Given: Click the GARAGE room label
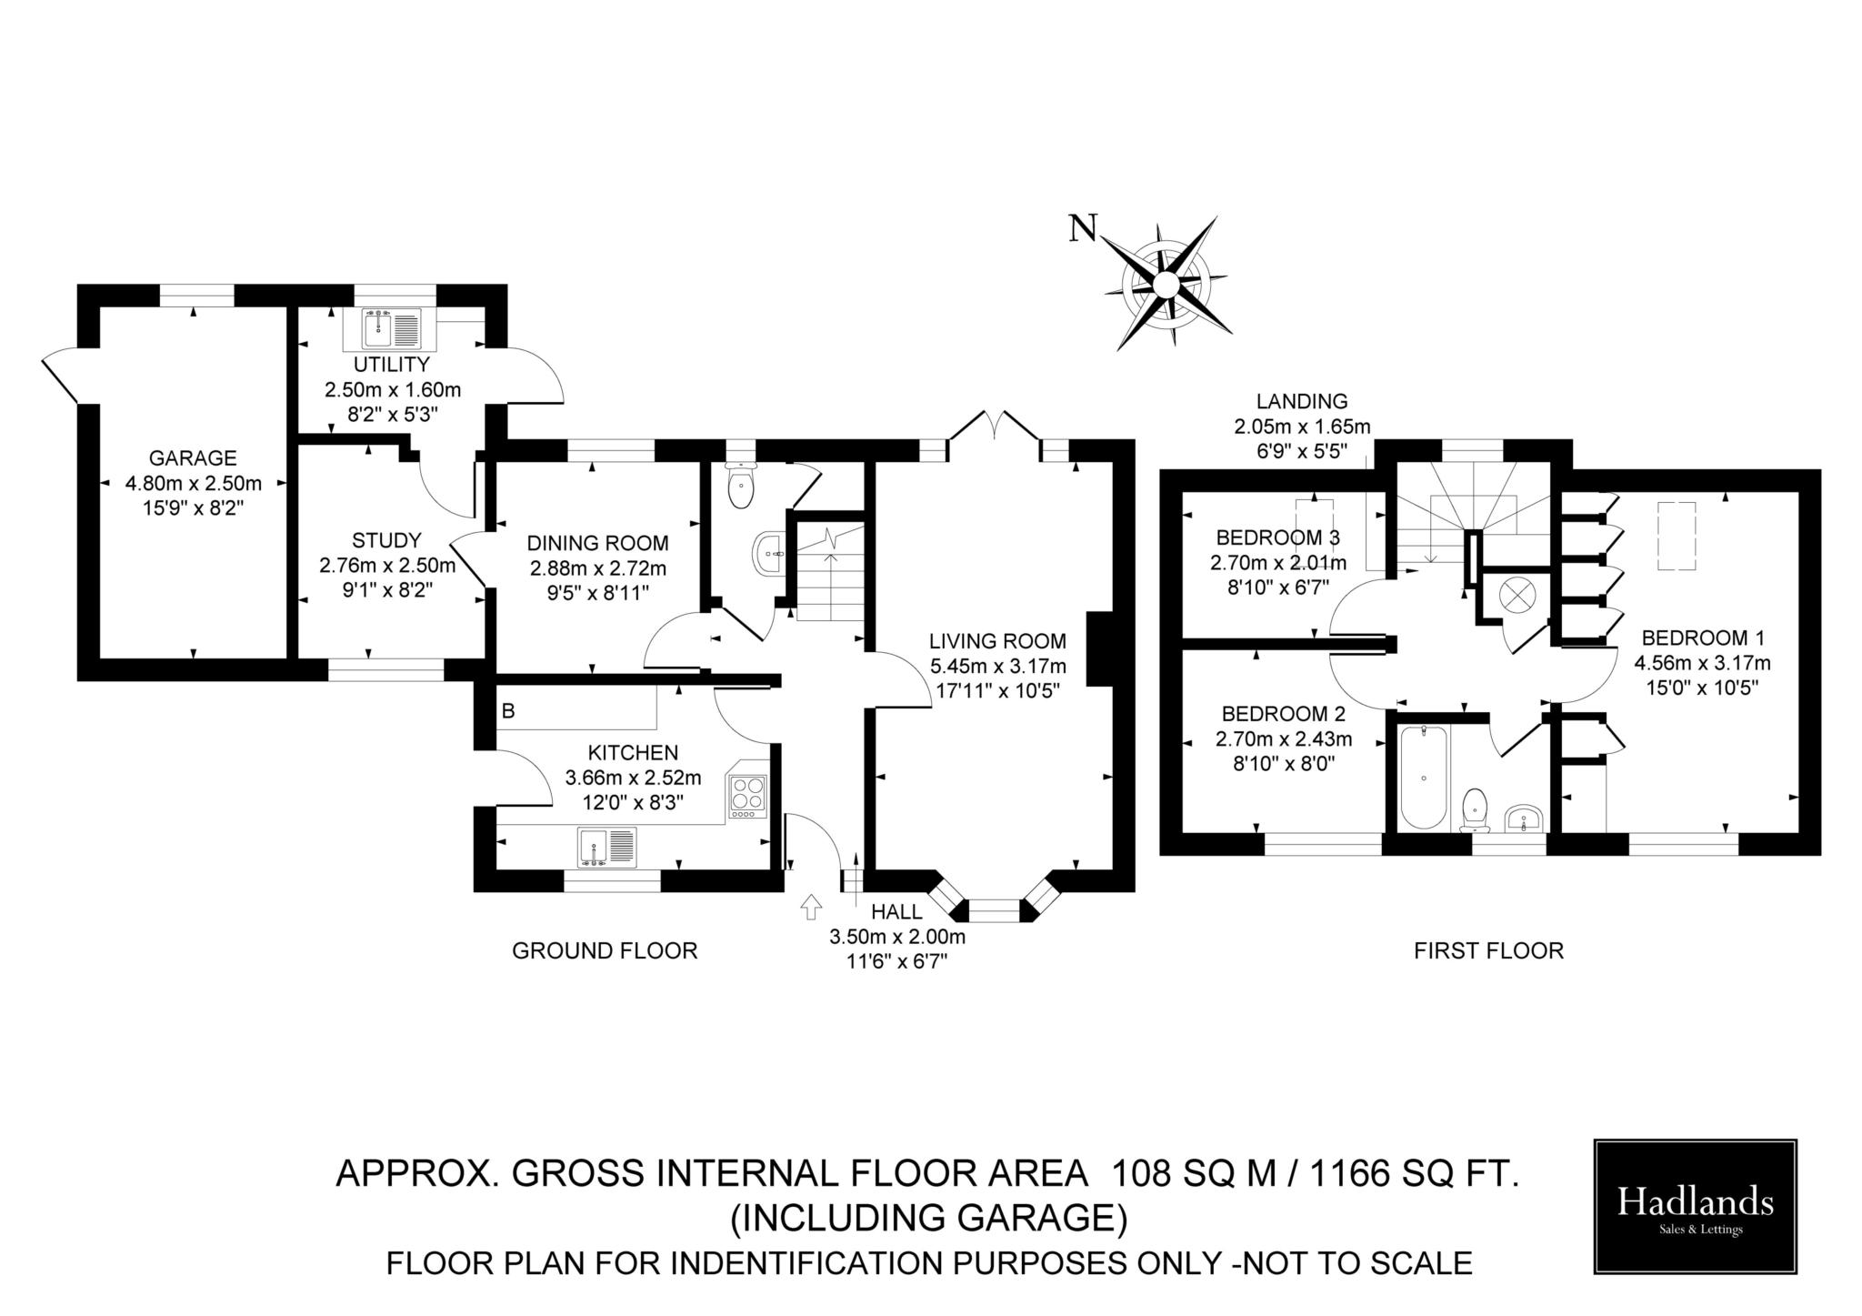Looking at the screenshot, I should (193, 458).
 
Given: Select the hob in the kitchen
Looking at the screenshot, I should (747, 794).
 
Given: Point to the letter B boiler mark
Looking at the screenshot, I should (508, 711).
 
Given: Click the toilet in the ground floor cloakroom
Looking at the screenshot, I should (742, 487).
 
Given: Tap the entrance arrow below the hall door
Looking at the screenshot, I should (810, 907).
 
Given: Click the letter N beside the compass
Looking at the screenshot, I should (1082, 228).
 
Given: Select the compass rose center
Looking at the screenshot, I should (1166, 285).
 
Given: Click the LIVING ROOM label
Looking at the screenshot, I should (997, 641).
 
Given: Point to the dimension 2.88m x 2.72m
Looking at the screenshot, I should (598, 568).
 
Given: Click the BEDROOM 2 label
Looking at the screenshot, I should (1283, 713).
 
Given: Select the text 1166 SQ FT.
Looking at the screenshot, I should (1415, 1174).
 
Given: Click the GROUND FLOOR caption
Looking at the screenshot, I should (605, 951).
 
